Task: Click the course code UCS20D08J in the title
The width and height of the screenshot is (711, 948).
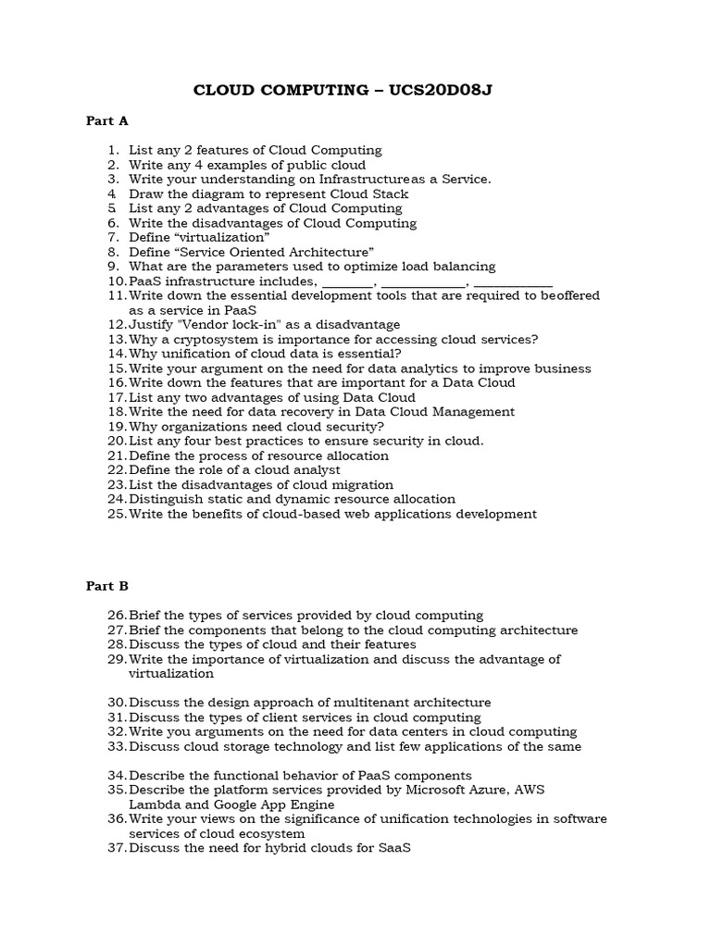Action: (x=453, y=90)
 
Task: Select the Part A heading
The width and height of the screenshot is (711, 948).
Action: (x=106, y=120)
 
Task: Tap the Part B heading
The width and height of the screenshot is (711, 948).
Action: (x=106, y=586)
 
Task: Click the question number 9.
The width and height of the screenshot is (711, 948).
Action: (x=113, y=266)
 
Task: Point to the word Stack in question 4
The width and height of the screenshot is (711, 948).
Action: (x=390, y=193)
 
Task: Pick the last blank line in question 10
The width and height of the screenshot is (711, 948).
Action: (x=518, y=281)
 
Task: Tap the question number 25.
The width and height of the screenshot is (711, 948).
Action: (x=116, y=514)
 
